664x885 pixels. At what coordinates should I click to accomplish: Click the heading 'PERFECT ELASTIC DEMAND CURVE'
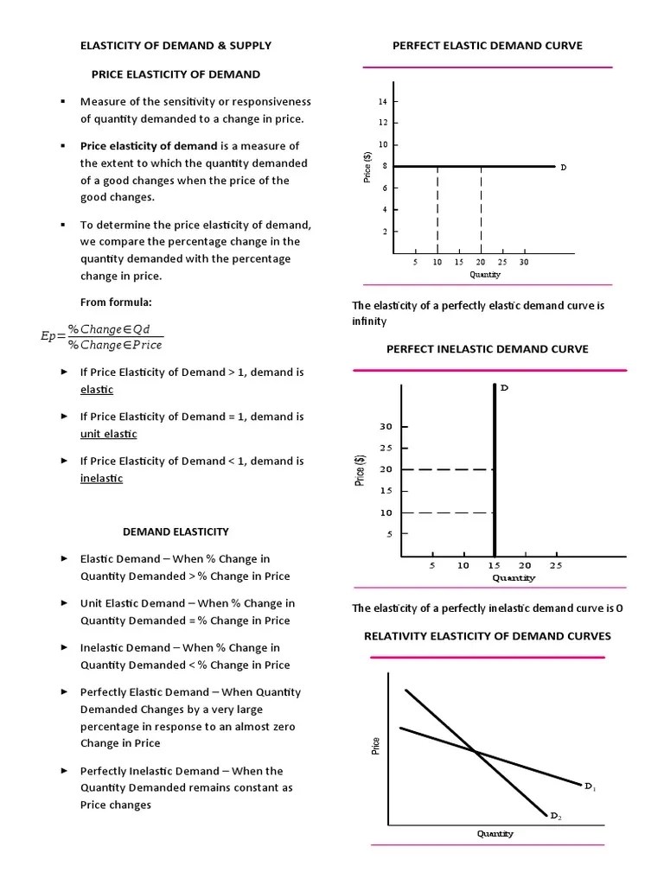click(487, 45)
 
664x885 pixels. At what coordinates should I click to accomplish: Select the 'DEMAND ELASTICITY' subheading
click(176, 532)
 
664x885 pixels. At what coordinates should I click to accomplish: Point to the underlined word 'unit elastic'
click(108, 434)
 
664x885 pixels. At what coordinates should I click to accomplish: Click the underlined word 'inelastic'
click(101, 478)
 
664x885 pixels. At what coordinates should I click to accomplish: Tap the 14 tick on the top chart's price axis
click(382, 102)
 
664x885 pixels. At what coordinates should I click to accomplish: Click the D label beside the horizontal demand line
click(563, 167)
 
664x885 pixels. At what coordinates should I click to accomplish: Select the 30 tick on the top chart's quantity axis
click(523, 262)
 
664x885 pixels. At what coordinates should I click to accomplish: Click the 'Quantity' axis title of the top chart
click(485, 275)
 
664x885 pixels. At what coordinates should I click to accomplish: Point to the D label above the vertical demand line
click(504, 387)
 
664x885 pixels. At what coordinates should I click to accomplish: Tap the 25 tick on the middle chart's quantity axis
click(555, 566)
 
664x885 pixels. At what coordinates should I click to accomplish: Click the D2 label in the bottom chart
click(556, 815)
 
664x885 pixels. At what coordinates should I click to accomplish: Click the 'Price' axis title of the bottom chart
click(376, 745)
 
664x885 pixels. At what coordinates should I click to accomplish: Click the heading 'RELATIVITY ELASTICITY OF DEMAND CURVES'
click(487, 636)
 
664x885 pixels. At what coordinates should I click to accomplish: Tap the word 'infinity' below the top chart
click(368, 322)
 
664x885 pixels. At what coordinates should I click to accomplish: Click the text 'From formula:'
click(115, 302)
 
